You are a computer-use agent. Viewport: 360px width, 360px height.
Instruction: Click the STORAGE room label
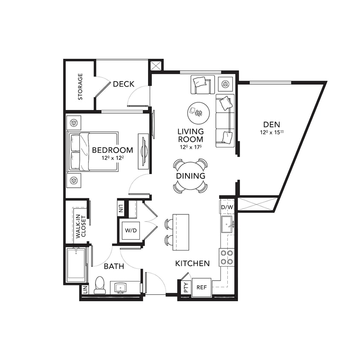pos(80,87)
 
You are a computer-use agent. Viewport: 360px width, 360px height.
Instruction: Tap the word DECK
pos(124,84)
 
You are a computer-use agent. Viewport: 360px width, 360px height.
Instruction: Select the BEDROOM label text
pos(112,150)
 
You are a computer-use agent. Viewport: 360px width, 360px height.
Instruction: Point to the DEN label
pos(272,124)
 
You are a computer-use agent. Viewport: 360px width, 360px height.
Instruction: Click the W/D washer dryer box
pos(131,231)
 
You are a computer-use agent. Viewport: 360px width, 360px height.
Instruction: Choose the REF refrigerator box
pos(201,287)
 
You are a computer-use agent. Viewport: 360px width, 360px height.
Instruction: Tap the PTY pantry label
pos(186,287)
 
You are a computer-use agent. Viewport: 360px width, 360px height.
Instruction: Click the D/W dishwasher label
pos(227,207)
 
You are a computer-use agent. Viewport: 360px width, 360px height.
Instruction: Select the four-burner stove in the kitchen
pos(226,257)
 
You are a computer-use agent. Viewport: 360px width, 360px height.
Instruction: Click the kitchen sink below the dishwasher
pos(226,224)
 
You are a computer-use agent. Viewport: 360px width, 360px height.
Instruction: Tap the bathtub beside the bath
pos(77,265)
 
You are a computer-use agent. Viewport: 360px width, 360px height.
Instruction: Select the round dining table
pos(190,176)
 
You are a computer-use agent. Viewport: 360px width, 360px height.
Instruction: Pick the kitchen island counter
pos(180,232)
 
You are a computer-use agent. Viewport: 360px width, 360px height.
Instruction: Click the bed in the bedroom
pos(93,151)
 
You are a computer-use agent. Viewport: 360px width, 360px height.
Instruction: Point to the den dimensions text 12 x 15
pos(272,133)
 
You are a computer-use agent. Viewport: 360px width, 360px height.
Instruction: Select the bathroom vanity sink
pos(121,287)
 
